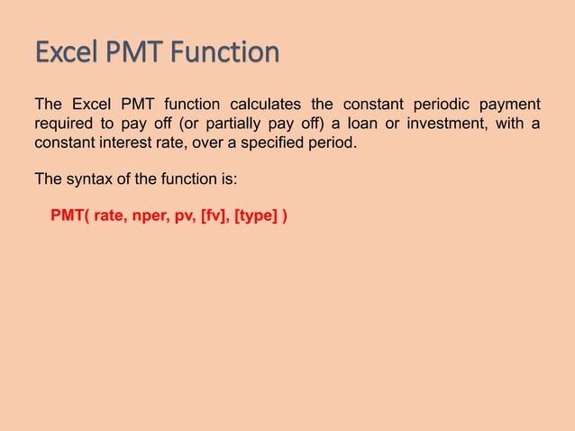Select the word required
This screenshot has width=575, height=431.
[x=62, y=124]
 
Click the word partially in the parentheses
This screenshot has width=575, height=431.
[x=234, y=124]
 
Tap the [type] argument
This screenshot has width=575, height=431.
[x=256, y=217]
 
